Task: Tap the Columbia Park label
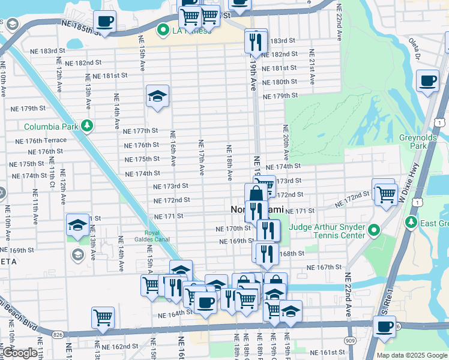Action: pos(51,127)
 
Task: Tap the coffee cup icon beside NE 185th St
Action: pos(105,22)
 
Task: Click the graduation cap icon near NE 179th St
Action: pos(157,96)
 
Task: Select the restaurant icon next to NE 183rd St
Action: pos(256,41)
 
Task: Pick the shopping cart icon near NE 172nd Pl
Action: pos(384,193)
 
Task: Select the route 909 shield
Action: pos(350,340)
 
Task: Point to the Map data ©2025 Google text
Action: pos(411,355)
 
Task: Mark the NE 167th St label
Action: pos(324,268)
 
